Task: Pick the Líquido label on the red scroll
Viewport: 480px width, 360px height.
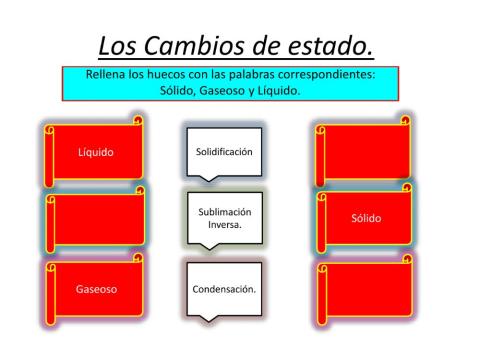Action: click(96, 152)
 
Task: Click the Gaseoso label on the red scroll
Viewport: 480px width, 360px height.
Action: click(97, 289)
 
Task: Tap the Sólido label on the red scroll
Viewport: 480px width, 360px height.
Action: click(366, 218)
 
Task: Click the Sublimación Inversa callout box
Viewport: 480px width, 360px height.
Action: click(223, 217)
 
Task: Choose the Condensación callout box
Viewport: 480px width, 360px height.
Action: click(223, 288)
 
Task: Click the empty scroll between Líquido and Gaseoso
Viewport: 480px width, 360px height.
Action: click(96, 220)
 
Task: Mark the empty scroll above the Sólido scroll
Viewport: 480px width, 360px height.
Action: click(365, 152)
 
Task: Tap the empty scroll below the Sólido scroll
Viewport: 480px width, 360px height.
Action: click(365, 290)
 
